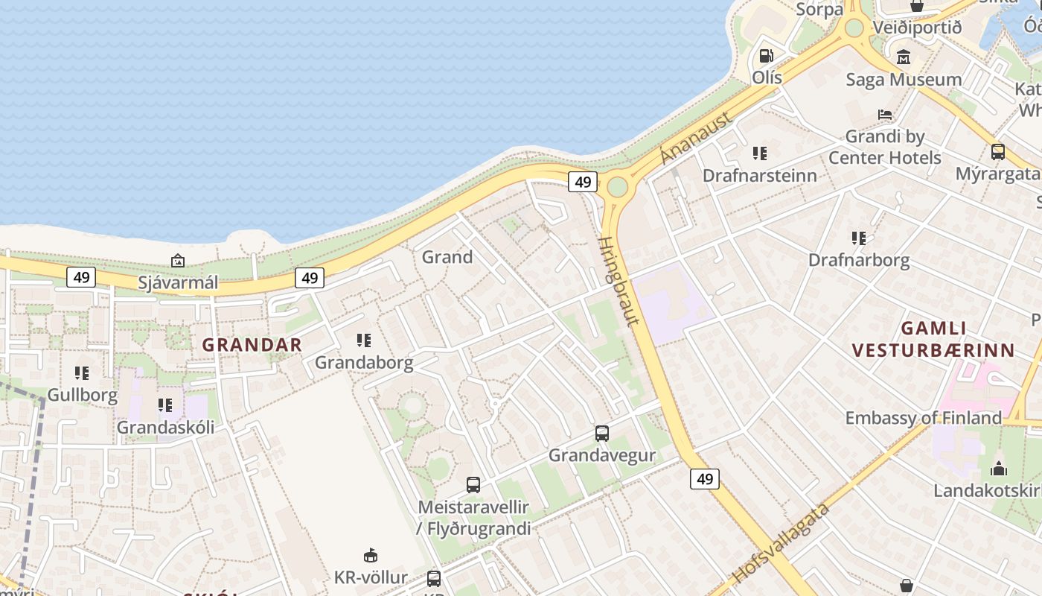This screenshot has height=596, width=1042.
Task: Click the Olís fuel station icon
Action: [x=765, y=56]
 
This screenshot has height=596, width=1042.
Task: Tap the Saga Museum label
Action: [x=904, y=80]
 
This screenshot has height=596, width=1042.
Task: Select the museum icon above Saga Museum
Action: [x=904, y=57]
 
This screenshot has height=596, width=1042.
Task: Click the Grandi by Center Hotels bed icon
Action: [x=885, y=115]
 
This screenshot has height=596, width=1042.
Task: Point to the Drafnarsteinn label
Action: [x=760, y=176]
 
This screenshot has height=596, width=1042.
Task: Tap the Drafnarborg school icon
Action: [x=859, y=238]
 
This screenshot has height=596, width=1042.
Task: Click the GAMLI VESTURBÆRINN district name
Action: [x=933, y=339]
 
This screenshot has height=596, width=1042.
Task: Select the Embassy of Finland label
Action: [x=923, y=418]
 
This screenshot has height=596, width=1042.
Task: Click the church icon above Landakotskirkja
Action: [x=998, y=469]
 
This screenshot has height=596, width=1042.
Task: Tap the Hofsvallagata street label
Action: [x=781, y=543]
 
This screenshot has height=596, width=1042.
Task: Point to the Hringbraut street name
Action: [x=619, y=281]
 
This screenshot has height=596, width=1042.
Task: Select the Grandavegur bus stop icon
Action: [x=602, y=433]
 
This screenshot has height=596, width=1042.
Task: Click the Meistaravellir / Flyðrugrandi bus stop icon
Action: [x=473, y=485]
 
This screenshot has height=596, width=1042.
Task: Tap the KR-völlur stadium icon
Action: [x=371, y=555]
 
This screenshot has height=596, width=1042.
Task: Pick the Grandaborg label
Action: [x=364, y=363]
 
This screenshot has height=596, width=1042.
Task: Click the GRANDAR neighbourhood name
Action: [x=252, y=345]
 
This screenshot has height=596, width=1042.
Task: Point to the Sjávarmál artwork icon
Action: [x=178, y=261]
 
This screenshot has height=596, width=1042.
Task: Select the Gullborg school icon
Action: [x=82, y=372]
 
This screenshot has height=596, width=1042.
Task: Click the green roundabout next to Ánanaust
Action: [x=617, y=186]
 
